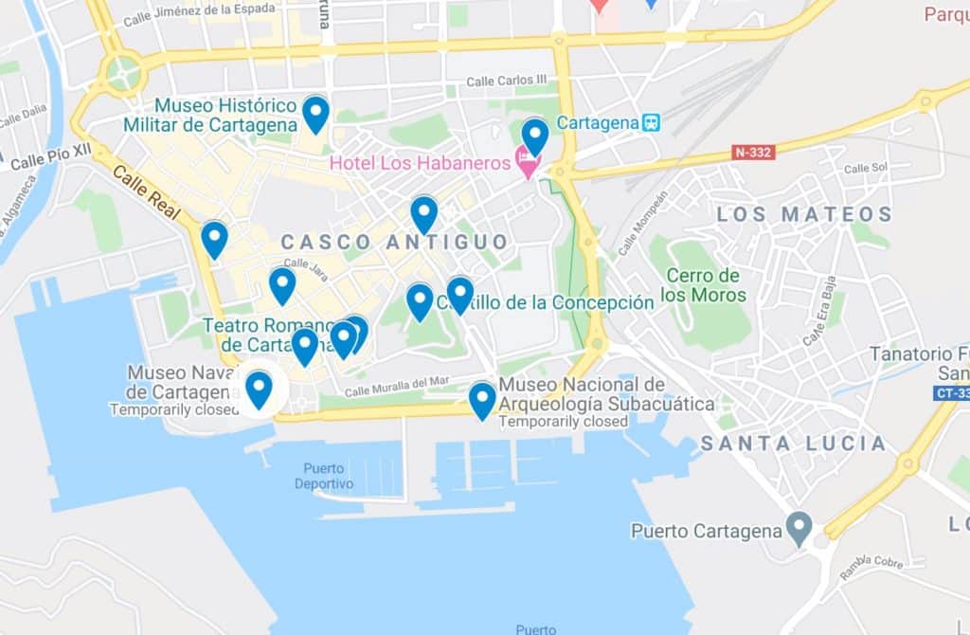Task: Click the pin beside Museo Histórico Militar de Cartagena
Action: tap(315, 114)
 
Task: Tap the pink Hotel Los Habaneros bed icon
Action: tap(528, 164)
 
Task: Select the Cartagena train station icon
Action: tap(651, 123)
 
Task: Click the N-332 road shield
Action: tap(753, 152)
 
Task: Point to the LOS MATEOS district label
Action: tap(804, 214)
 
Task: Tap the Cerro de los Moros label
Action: tap(702, 284)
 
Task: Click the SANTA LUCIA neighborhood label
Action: tap(793, 444)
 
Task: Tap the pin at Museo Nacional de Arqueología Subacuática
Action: tap(482, 399)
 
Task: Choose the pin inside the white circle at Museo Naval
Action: tap(259, 389)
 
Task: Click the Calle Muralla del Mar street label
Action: tap(396, 387)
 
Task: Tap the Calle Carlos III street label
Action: tap(507, 82)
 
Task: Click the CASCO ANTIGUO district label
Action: tap(394, 243)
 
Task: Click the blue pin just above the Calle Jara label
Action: tap(282, 284)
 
